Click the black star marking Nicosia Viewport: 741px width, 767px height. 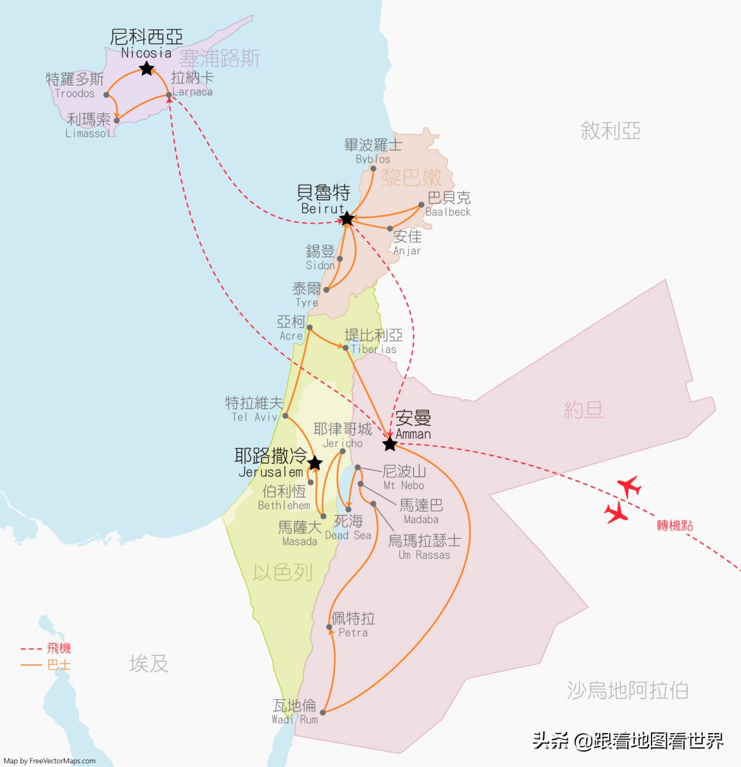tap(146, 68)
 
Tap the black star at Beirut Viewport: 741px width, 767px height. tap(347, 219)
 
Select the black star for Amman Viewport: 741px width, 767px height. tap(389, 444)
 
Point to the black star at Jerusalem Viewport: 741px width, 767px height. tap(315, 463)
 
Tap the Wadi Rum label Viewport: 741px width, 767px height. tap(295, 711)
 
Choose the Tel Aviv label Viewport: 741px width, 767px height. tap(254, 409)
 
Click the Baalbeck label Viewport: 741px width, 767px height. tap(448, 204)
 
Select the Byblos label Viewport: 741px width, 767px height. tap(373, 151)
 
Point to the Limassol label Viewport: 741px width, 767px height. tap(88, 125)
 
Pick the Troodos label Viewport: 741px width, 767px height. tap(75, 86)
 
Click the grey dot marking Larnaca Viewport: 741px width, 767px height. tap(169, 95)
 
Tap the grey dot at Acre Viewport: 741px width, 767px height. tap(309, 327)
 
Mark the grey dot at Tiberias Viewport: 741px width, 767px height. tap(346, 348)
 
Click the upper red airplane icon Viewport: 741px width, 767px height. tap(630, 486)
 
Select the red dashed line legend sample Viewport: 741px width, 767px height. tap(31, 649)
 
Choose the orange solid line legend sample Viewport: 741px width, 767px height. tap(31, 665)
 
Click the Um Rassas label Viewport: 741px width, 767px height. tap(425, 547)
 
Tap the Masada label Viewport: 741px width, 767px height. tap(299, 534)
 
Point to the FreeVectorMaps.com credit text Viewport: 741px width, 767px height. tap(49, 761)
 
